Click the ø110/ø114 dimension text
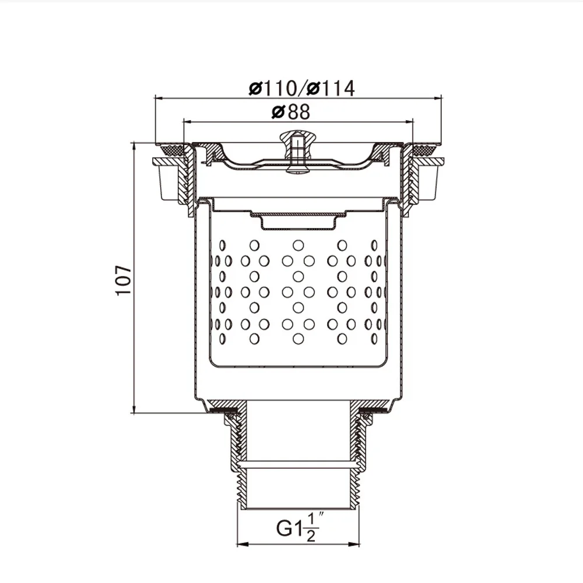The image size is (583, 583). pyautogui.click(x=301, y=88)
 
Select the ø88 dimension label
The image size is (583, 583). pyautogui.click(x=291, y=111)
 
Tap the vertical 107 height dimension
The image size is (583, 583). pyautogui.click(x=123, y=280)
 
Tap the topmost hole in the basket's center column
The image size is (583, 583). pyautogui.click(x=298, y=245)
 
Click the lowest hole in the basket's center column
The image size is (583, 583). pyautogui.click(x=298, y=338)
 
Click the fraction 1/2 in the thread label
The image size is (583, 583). pyautogui.click(x=310, y=528)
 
